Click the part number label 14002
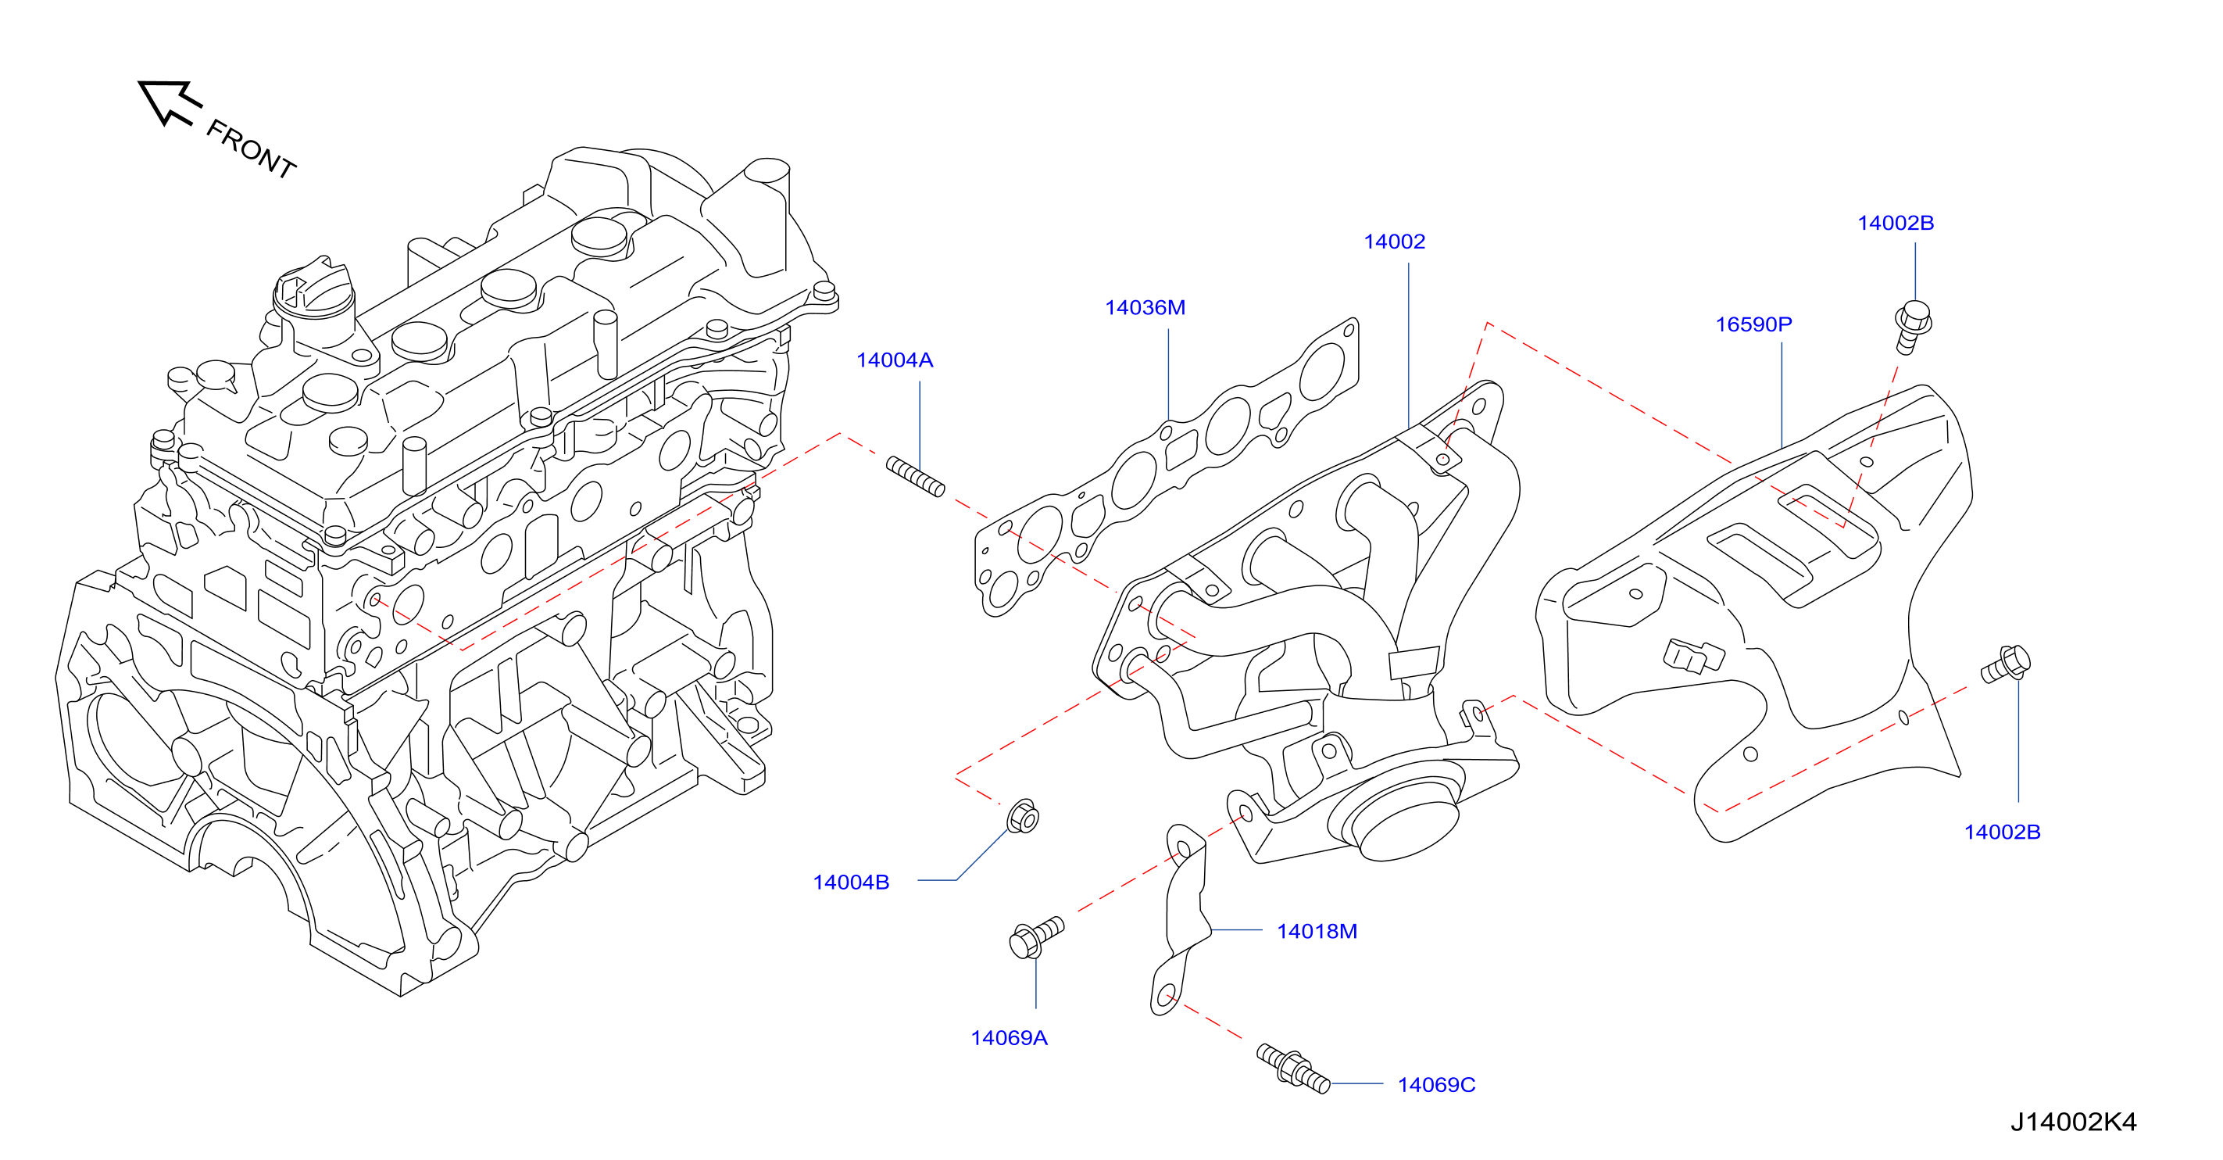coord(1394,242)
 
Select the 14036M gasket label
coord(1145,307)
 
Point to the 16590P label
coord(1753,324)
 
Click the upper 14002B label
coord(1895,223)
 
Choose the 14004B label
coord(851,882)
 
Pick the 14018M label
coord(1317,931)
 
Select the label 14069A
coord(1009,1037)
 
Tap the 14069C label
coord(1436,1085)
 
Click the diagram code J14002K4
coord(2073,1121)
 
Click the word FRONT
coord(251,149)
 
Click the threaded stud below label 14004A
coord(916,478)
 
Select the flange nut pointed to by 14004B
coord(1023,817)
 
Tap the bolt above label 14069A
coord(1035,937)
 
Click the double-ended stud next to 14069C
coord(1292,1069)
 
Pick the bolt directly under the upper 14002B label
coord(1914,325)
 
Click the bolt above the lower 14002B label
coord(2007,664)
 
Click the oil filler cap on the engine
coord(313,296)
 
